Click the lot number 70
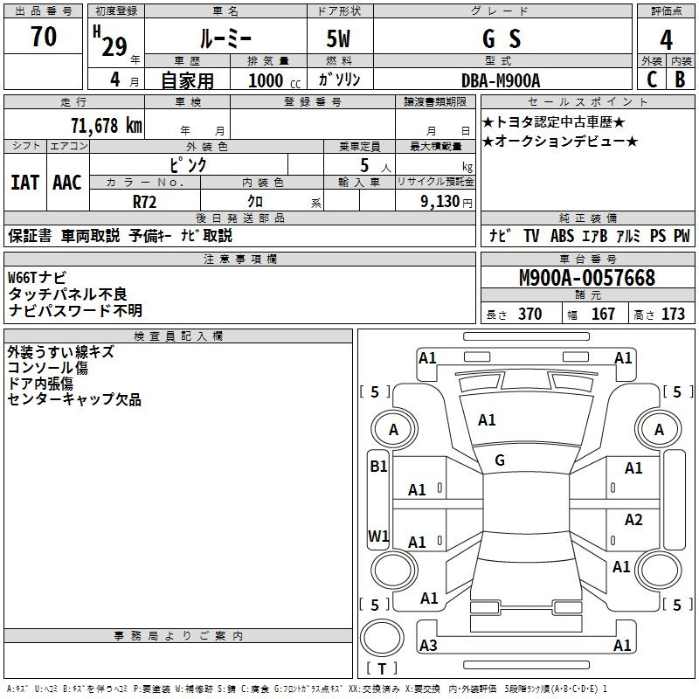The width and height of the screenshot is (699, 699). pos(44,36)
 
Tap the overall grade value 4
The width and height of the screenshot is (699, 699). pos(666,40)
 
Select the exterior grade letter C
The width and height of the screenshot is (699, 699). pos(652,80)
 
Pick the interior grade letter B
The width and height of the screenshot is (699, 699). pos(680,80)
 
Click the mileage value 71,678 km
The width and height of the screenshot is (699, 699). pos(107,125)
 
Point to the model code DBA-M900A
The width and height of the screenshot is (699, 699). pos(501,80)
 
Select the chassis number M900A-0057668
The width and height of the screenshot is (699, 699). pos(587,278)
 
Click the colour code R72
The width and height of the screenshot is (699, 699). pos(144,202)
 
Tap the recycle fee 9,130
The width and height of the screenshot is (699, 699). pos(440,202)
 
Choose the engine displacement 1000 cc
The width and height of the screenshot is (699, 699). pos(274,80)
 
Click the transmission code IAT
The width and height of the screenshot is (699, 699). pos(25,183)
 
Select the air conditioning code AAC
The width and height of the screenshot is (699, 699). pos(67,183)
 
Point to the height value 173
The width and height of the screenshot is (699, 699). pos(673,314)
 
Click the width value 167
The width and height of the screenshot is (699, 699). pos(603,314)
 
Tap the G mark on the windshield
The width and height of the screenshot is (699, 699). pos(500,460)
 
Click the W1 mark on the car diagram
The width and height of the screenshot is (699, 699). pos(378,536)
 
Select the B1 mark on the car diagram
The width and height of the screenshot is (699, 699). pos(378,467)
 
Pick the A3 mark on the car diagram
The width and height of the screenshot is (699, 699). pos(428,645)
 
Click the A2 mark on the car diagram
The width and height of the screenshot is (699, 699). pos(633,519)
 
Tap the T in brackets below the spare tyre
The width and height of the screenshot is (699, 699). pos(382,668)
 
